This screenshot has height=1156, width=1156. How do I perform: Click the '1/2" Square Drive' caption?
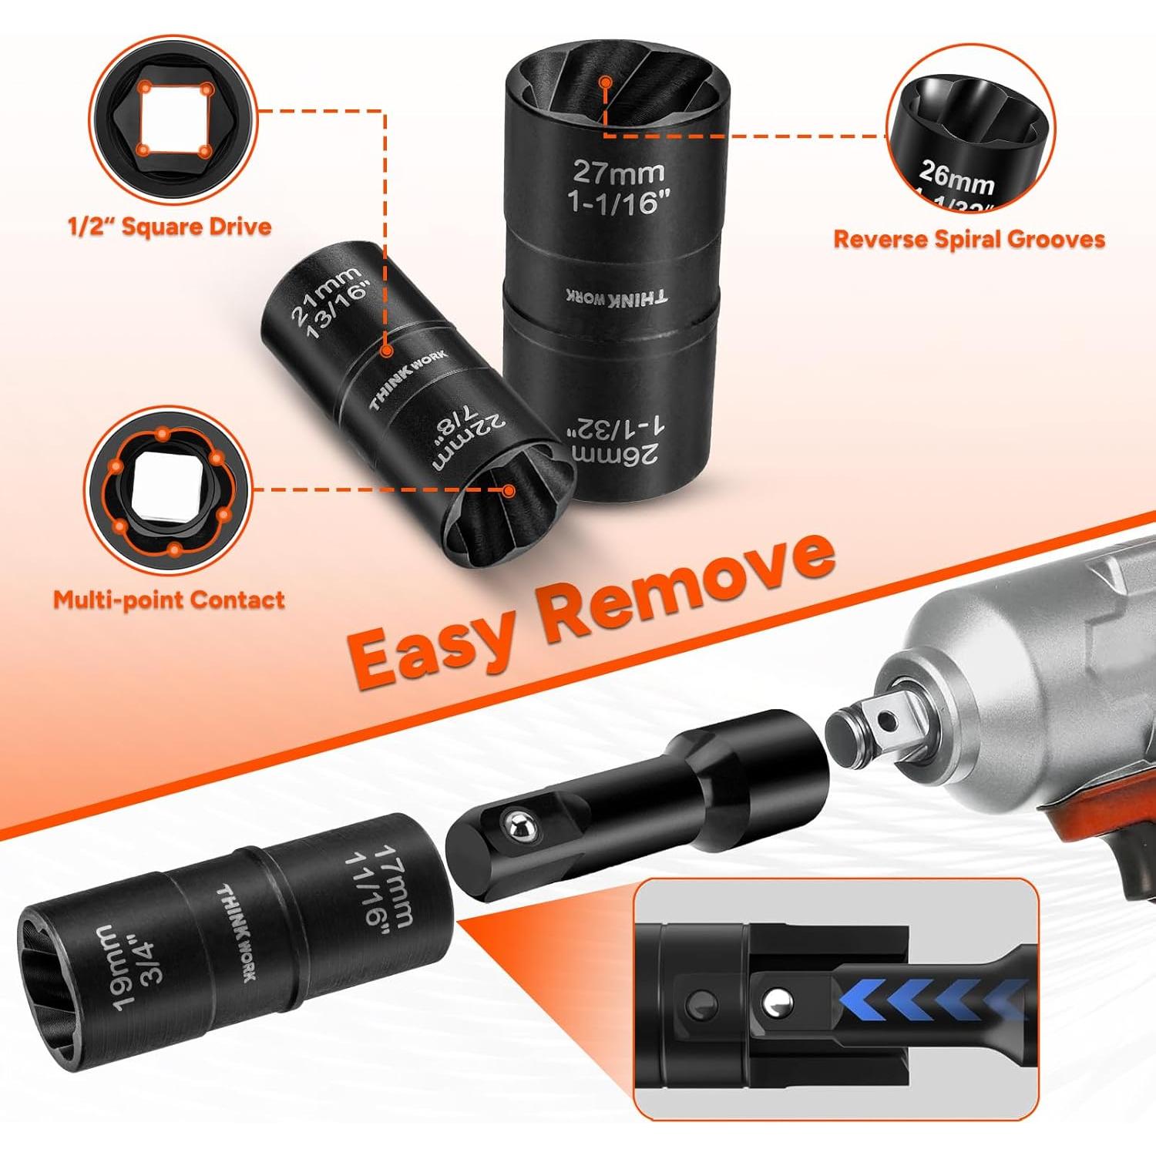click(x=170, y=227)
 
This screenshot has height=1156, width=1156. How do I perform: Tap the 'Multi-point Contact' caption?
click(x=169, y=600)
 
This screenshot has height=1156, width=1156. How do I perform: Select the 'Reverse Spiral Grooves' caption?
click(x=969, y=239)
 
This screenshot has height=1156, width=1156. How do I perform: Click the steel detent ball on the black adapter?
click(x=518, y=827)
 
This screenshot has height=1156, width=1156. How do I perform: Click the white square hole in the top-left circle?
click(x=174, y=119)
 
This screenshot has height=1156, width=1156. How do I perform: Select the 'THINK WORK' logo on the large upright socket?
click(x=617, y=297)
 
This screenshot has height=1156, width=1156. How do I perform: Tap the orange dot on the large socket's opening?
click(x=607, y=82)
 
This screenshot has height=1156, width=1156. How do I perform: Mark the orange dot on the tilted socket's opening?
click(x=509, y=489)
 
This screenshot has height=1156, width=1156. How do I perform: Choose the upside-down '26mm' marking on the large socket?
click(x=617, y=455)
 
